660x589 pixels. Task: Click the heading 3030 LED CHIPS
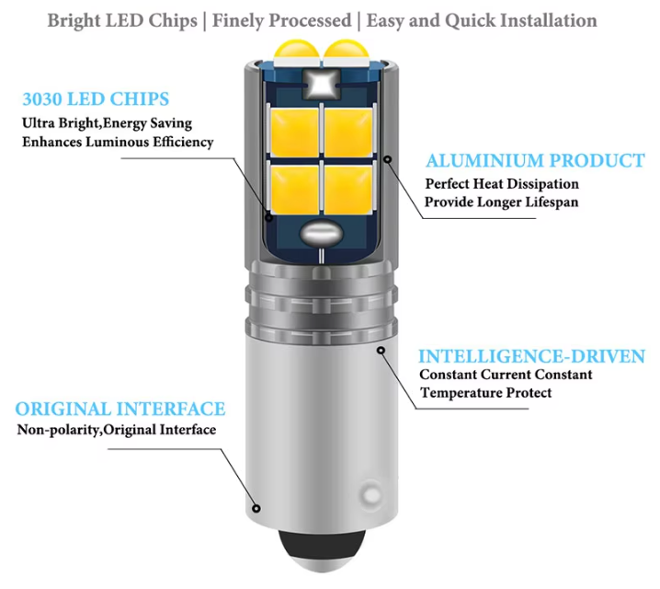point(96,99)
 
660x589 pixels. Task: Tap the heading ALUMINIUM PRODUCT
point(535,160)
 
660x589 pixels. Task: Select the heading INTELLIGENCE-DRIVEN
point(531,356)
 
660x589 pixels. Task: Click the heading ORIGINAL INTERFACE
point(120,409)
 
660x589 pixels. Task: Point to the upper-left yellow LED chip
point(294,133)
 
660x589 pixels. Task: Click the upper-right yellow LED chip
point(348,133)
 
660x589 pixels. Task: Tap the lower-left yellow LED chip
point(294,190)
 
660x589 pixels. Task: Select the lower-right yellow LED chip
point(348,190)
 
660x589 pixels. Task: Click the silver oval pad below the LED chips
point(321,234)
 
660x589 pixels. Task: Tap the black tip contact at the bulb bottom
point(322,550)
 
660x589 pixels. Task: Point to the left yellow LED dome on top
point(297,50)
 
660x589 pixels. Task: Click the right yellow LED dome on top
point(346,50)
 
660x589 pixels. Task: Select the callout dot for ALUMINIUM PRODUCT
point(388,159)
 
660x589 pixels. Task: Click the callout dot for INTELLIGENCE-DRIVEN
point(381,350)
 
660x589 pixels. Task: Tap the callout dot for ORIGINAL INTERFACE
point(256,509)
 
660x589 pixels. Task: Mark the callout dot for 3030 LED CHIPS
point(269,218)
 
